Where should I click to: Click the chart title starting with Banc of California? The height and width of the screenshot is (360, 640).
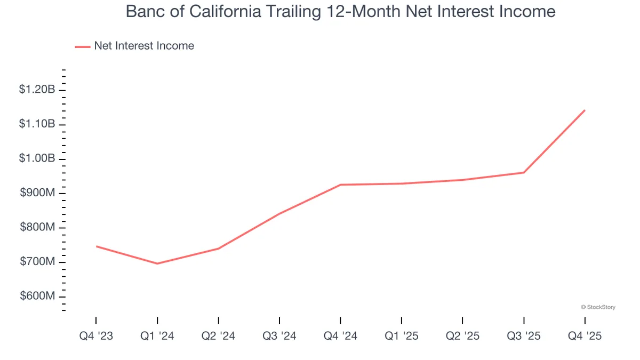pyautogui.click(x=340, y=12)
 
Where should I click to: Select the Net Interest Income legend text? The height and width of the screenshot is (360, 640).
pyautogui.click(x=144, y=46)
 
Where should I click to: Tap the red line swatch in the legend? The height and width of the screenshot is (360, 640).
pyautogui.click(x=83, y=46)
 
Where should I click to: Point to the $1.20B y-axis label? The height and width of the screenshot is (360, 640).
pyautogui.click(x=37, y=90)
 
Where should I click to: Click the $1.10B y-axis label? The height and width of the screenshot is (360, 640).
pyautogui.click(x=37, y=124)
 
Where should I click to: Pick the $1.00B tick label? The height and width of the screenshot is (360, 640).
pyautogui.click(x=37, y=159)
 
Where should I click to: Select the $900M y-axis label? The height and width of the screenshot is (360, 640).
pyautogui.click(x=37, y=193)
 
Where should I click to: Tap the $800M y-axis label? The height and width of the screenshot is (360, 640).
pyautogui.click(x=37, y=228)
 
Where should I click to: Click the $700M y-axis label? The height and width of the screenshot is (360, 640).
pyautogui.click(x=37, y=262)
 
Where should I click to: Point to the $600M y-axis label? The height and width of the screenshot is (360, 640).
pyautogui.click(x=37, y=297)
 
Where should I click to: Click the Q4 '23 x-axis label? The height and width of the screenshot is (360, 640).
pyautogui.click(x=96, y=336)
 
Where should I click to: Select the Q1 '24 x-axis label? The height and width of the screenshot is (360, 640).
pyautogui.click(x=157, y=336)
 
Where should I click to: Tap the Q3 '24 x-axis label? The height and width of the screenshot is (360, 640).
pyautogui.click(x=279, y=336)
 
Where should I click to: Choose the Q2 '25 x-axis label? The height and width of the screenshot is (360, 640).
pyautogui.click(x=462, y=336)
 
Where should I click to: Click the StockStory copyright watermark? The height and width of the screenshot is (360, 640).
pyautogui.click(x=597, y=307)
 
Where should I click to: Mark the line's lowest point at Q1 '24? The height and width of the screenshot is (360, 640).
pyautogui.click(x=157, y=263)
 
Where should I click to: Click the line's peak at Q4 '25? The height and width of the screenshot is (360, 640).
pyautogui.click(x=585, y=110)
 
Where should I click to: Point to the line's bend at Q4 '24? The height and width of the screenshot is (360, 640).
pyautogui.click(x=340, y=185)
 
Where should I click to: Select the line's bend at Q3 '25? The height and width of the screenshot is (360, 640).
pyautogui.click(x=524, y=172)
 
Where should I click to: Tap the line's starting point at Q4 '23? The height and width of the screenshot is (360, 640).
pyautogui.click(x=96, y=246)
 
